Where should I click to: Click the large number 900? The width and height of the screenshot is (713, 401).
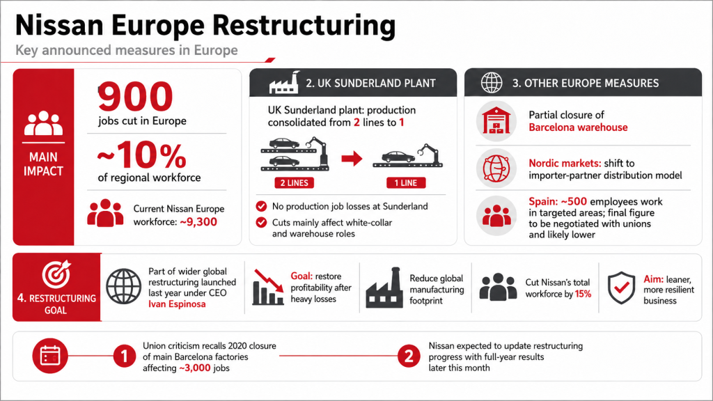(x=136, y=96)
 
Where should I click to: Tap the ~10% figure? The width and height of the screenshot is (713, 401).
(x=142, y=155)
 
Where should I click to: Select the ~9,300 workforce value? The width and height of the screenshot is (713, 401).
(x=198, y=222)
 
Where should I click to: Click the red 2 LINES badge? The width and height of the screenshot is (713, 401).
(x=295, y=183)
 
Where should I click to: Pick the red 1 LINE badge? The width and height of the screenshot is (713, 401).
(x=406, y=183)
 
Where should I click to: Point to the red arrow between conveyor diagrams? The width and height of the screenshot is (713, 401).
(x=352, y=159)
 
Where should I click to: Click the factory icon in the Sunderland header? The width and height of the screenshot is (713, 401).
(x=285, y=83)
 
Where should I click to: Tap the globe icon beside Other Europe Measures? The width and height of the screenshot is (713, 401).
(x=492, y=83)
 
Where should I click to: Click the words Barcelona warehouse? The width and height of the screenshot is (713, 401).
(x=578, y=127)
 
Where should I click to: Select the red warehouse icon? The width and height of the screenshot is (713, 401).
(x=496, y=120)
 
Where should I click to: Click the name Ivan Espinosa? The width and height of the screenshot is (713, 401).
(x=177, y=304)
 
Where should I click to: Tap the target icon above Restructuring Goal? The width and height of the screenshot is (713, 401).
(x=56, y=274)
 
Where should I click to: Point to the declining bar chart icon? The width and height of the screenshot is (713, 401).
(x=268, y=287)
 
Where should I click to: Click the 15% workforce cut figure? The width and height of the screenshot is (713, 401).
(x=583, y=294)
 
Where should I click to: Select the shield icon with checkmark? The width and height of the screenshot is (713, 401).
(x=621, y=288)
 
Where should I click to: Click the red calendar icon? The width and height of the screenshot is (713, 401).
(x=50, y=356)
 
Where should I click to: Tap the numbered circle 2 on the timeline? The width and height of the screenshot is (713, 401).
(x=408, y=356)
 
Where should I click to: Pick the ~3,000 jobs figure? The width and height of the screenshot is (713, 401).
(x=195, y=368)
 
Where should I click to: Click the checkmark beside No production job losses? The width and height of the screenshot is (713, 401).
(x=261, y=206)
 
